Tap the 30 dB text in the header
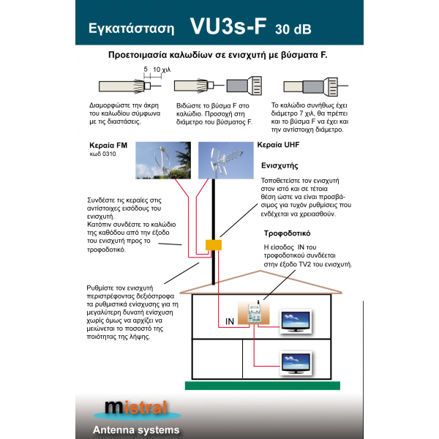coord(293,30)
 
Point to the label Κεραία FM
coord(108,146)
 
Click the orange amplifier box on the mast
coord(214,244)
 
